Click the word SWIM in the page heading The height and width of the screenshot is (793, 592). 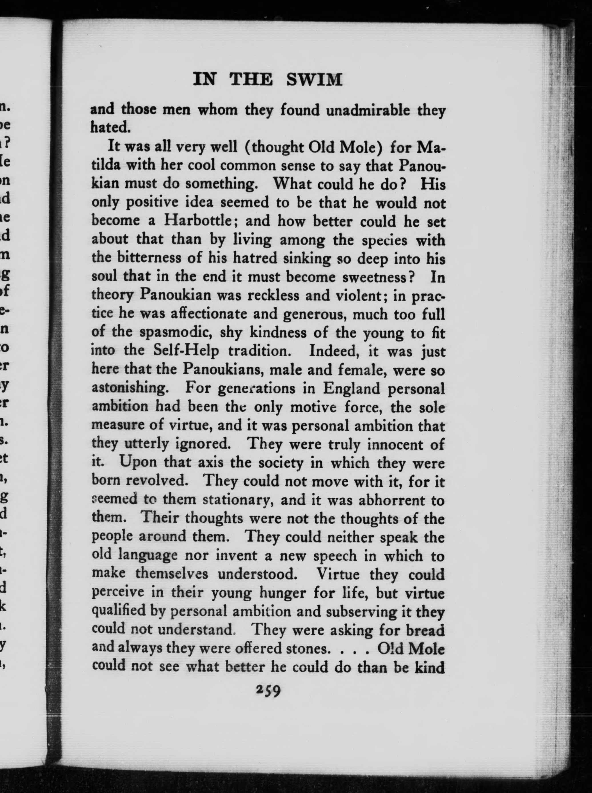tap(314, 79)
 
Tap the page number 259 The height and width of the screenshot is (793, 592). tap(268, 690)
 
